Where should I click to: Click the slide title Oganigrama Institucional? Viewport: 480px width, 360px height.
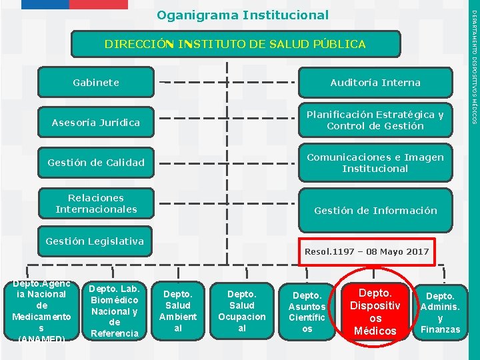(x=243, y=15)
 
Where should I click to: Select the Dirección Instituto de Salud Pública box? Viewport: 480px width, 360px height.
(x=235, y=44)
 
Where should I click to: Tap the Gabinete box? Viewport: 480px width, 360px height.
(x=96, y=83)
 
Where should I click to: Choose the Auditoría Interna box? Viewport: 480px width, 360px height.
(x=375, y=83)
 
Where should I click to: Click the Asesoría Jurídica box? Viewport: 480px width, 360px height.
(x=96, y=123)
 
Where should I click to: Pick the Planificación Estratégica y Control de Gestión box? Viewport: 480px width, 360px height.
(x=375, y=120)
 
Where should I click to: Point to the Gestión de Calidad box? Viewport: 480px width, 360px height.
(x=96, y=162)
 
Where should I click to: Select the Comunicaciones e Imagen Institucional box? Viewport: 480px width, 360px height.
(x=375, y=163)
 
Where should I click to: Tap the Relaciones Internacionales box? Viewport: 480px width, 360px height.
(x=96, y=203)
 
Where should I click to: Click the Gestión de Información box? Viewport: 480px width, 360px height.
(x=375, y=211)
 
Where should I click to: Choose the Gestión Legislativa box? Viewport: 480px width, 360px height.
(x=94, y=241)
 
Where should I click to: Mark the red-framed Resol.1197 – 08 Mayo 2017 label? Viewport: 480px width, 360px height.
(x=367, y=251)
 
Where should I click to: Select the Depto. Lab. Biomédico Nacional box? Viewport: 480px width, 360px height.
(x=113, y=311)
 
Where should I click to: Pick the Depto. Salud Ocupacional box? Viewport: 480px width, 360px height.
(x=241, y=311)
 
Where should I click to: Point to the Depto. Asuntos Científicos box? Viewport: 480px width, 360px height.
(x=307, y=311)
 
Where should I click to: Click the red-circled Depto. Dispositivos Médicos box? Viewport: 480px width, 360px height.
(x=375, y=311)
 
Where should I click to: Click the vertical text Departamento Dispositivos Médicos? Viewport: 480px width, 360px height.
(x=474, y=67)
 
